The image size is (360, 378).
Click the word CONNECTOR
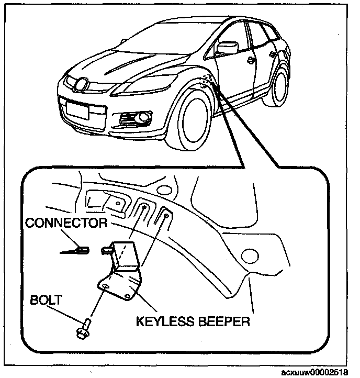[66, 223]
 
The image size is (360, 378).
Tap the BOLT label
[46, 300]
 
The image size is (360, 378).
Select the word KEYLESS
[165, 321]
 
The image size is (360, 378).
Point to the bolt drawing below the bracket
[83, 329]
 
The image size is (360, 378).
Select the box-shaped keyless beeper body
[125, 255]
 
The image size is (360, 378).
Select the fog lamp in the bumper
[143, 117]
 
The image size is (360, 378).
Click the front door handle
[251, 60]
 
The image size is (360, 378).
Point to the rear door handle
[273, 55]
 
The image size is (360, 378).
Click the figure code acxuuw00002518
[314, 372]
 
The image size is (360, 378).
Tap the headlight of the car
[144, 85]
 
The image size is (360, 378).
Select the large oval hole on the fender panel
[250, 256]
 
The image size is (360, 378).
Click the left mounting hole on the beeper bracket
[105, 286]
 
